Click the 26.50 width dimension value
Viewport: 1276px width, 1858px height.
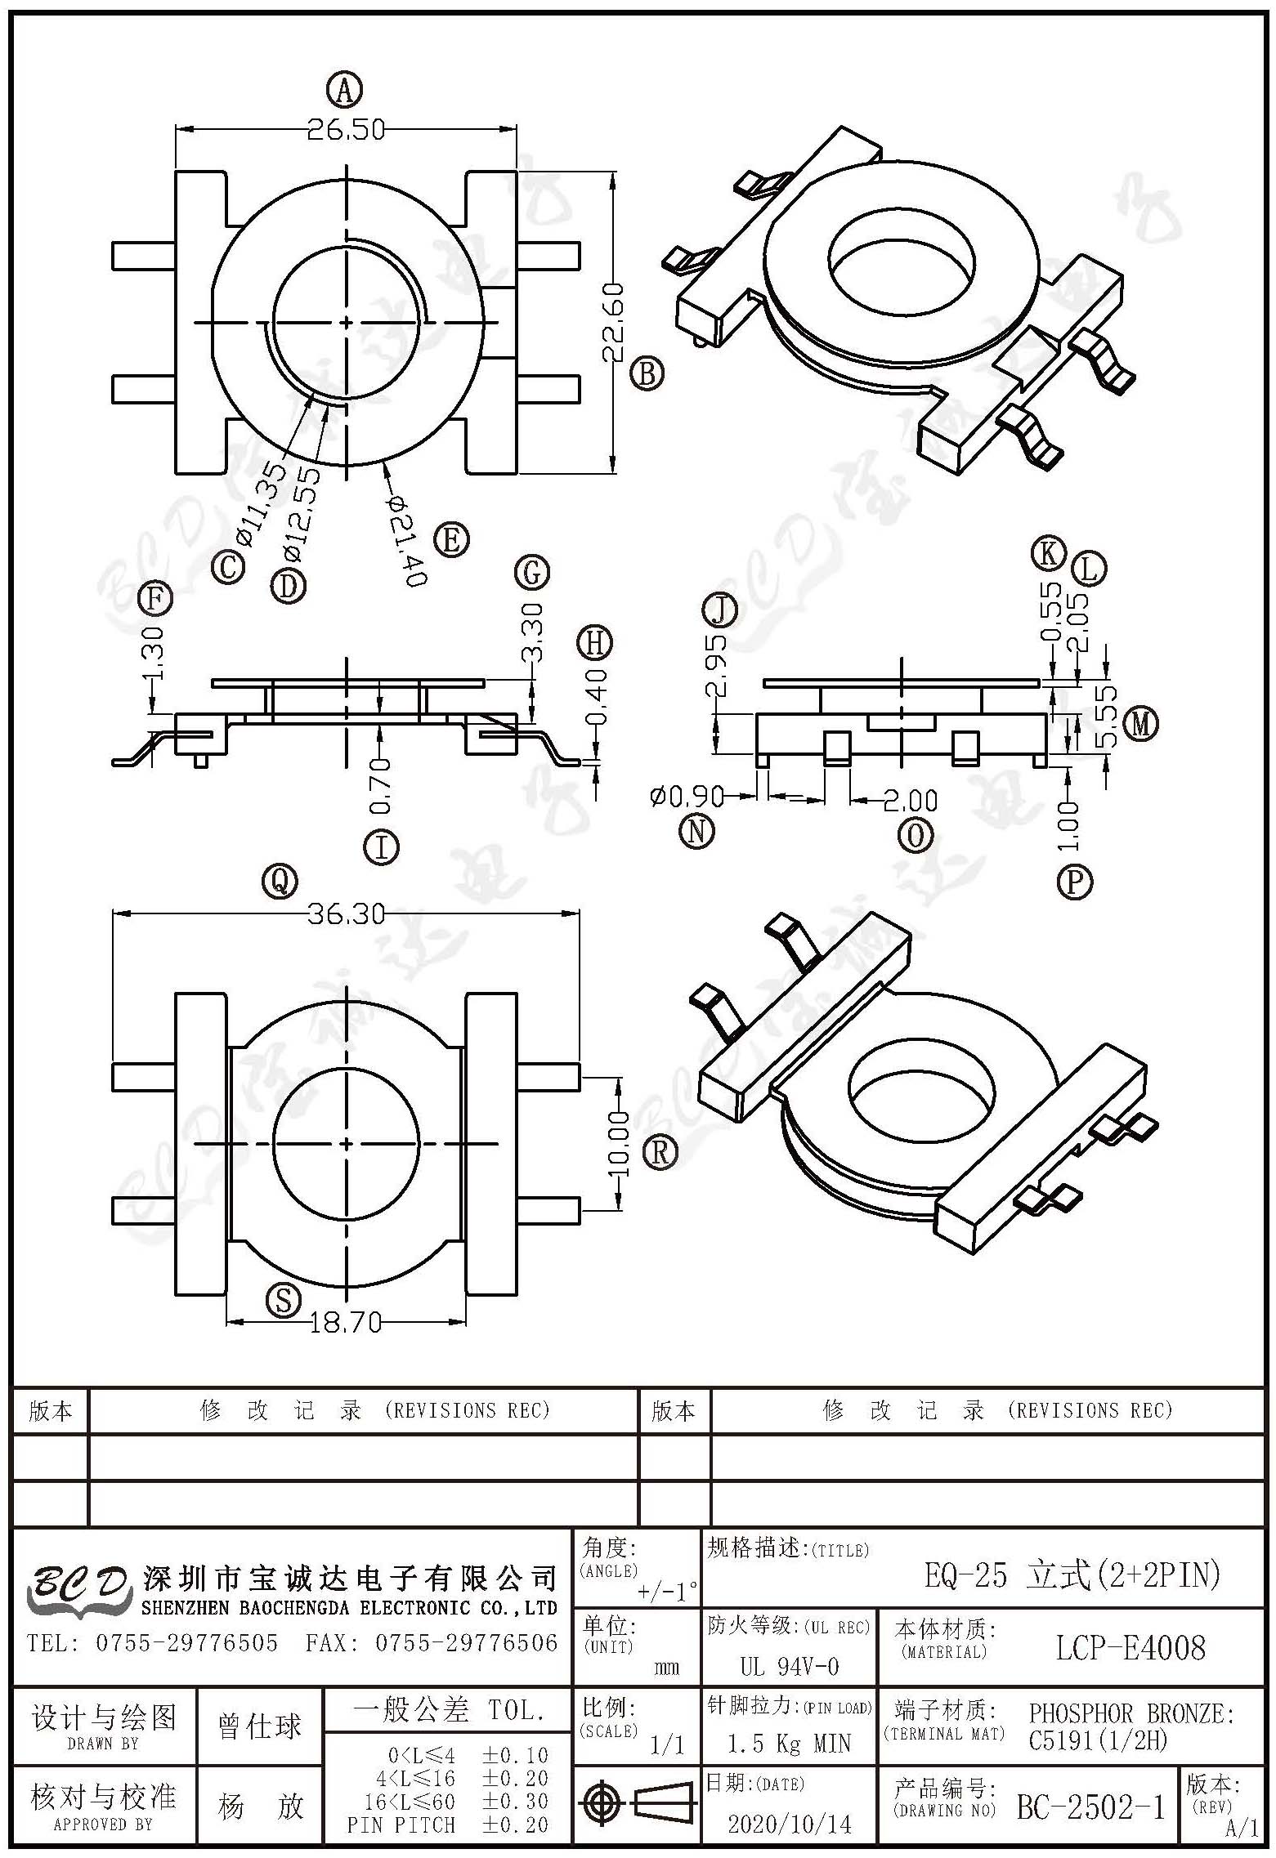pos(346,130)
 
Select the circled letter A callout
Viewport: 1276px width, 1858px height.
pos(344,89)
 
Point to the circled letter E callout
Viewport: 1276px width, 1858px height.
pos(451,540)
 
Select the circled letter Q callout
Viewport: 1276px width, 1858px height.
pos(280,881)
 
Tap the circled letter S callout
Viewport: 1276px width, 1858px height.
pos(284,1300)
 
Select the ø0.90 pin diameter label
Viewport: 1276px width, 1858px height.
pos(687,795)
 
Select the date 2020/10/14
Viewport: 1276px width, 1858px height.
pos(789,1823)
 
